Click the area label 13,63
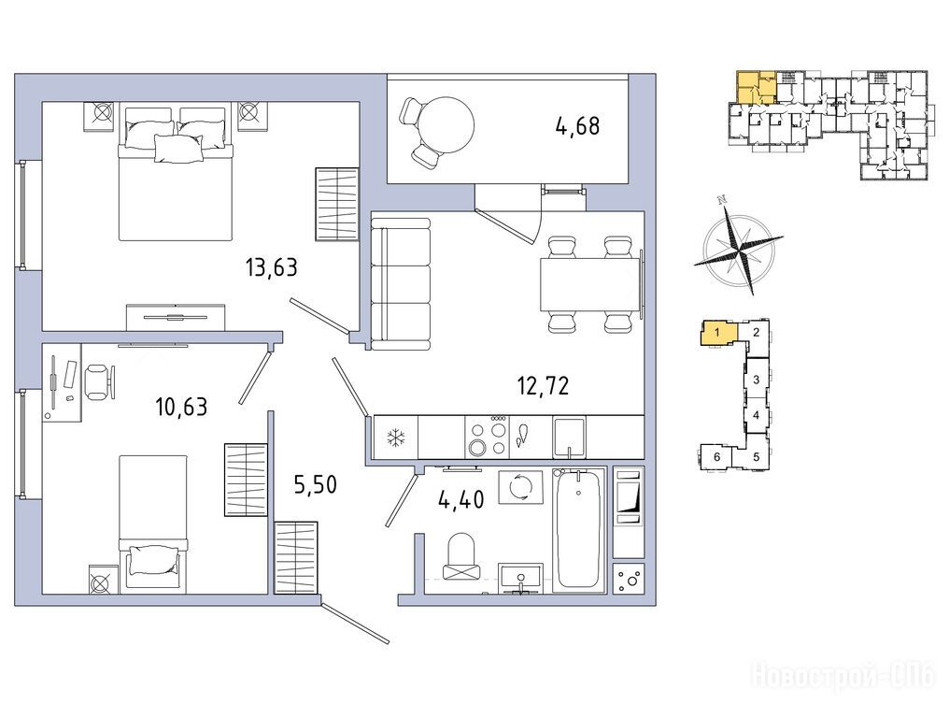272,266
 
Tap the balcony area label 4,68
577,126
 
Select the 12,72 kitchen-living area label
543,385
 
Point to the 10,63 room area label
181,407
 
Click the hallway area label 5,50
316,484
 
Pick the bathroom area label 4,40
460,500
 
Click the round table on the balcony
446,126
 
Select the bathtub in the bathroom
578,529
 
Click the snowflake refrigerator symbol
396,438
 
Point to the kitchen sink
569,437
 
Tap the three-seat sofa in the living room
400,284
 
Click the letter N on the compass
720,199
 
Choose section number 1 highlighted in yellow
716,333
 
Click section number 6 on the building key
716,457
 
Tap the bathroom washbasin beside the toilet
520,576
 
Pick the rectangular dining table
589,284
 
